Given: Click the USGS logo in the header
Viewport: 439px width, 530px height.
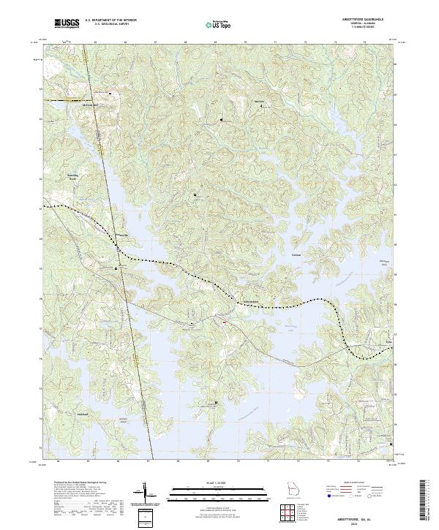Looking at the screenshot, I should (65, 24).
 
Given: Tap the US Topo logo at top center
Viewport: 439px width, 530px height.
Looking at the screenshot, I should (218, 25).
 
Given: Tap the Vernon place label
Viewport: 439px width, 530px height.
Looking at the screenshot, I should (296, 255).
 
